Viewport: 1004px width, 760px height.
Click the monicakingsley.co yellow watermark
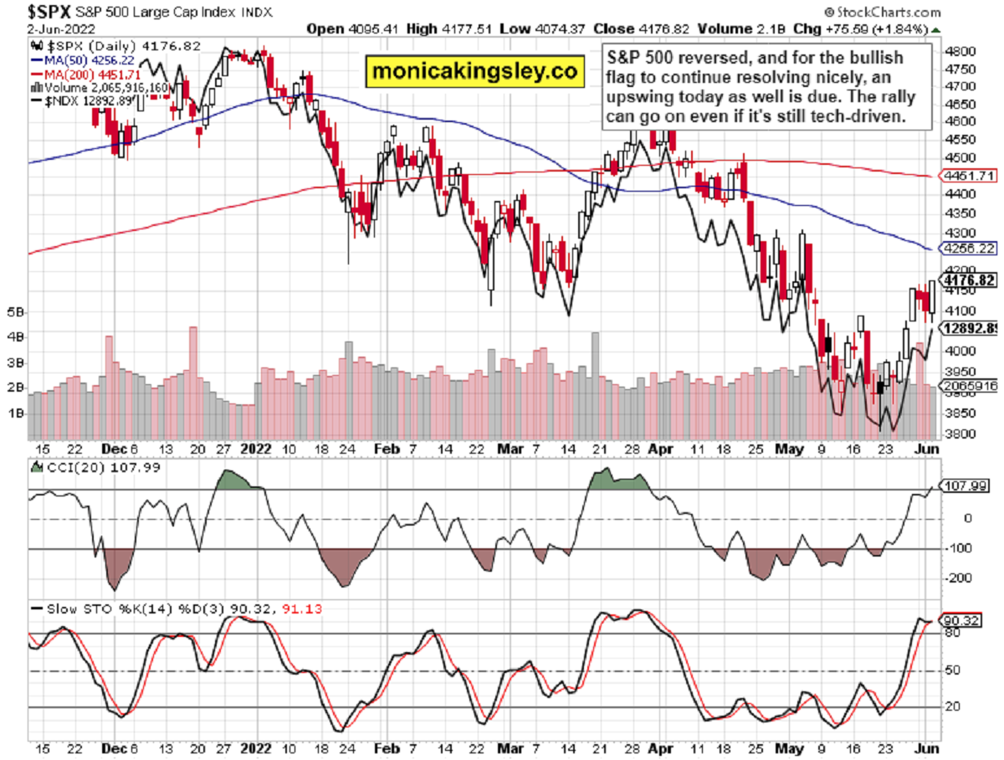[x=474, y=72]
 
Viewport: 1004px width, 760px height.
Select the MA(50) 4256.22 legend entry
[x=74, y=61]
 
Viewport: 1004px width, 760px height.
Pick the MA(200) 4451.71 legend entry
[x=78, y=74]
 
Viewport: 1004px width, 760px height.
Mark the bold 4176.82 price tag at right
[x=968, y=280]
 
